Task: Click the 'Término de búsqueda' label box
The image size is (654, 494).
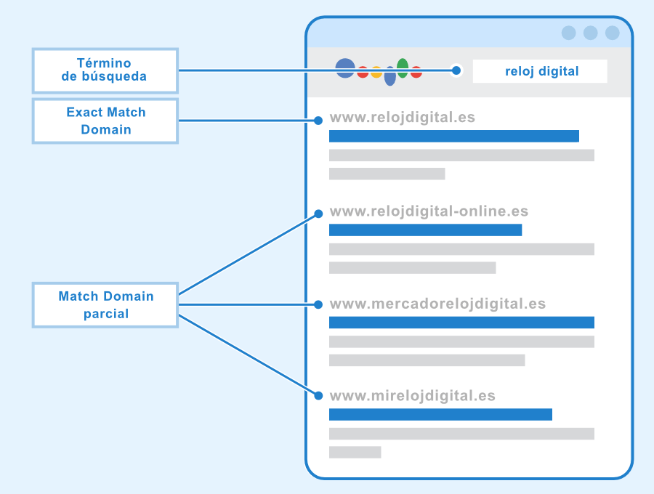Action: click(105, 70)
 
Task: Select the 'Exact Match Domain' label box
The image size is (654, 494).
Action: click(105, 121)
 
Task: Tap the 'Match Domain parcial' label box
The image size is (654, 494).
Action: click(105, 305)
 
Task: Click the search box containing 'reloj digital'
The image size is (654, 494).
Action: click(540, 71)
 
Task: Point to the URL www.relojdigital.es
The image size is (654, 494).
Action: click(402, 117)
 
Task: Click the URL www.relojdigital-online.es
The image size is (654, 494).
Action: click(429, 211)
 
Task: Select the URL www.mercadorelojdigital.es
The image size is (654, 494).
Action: click(437, 304)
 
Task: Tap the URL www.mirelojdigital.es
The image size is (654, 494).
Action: click(412, 396)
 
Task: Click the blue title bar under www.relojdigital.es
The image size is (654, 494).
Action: click(453, 136)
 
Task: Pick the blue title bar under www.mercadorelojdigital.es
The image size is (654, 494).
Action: click(461, 323)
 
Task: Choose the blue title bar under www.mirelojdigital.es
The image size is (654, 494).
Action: click(440, 415)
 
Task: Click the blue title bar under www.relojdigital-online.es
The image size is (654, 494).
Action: click(425, 230)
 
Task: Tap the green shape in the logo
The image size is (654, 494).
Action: click(403, 68)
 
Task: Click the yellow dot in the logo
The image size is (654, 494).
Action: click(376, 72)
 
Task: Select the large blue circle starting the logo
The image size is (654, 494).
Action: click(345, 68)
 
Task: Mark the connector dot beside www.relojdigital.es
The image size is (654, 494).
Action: click(318, 121)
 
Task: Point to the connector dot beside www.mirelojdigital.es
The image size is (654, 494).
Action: click(318, 396)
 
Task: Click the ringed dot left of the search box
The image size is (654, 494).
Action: click(456, 70)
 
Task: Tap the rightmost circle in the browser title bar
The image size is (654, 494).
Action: click(612, 33)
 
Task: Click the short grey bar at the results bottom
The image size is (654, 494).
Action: click(355, 453)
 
